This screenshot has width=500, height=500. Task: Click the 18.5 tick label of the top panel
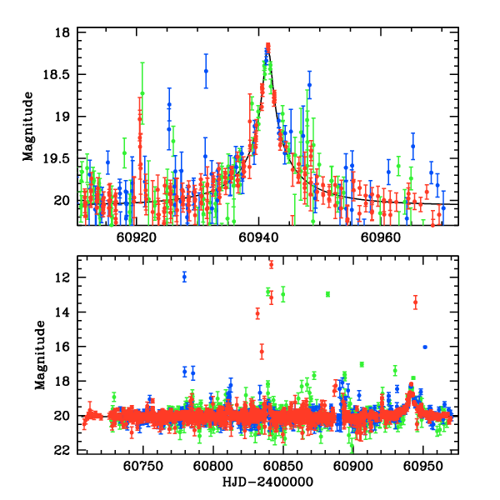[x=59, y=75]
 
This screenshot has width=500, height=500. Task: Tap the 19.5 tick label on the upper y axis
[x=59, y=158]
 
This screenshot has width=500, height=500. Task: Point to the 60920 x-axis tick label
[x=136, y=237]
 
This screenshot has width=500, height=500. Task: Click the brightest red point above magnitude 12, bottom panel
[x=271, y=264]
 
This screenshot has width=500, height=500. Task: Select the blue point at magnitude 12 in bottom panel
[x=184, y=276]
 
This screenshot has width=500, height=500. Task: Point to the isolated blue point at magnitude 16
[x=425, y=347]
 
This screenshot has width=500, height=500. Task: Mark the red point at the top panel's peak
[x=268, y=47]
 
